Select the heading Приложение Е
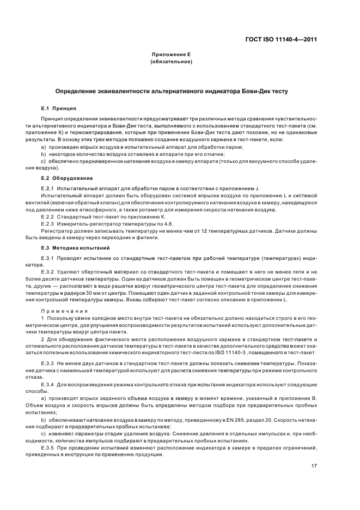click(x=170, y=54)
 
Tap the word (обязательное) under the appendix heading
click(x=170, y=62)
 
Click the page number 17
click(x=314, y=466)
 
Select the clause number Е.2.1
click(x=48, y=188)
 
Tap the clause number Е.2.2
click(x=48, y=216)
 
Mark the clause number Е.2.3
click(x=48, y=223)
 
